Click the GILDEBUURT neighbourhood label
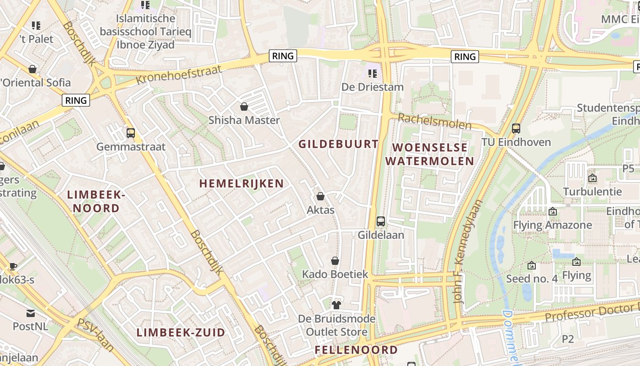tap(338, 144)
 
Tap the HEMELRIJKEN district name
tap(241, 183)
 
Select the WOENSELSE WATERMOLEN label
tap(429, 154)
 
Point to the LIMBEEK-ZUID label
tap(181, 333)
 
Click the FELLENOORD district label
tap(356, 350)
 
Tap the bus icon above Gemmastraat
tap(131, 133)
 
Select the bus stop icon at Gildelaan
tap(380, 221)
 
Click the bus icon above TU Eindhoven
tap(516, 129)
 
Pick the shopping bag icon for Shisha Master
tap(244, 107)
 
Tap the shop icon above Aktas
tap(320, 196)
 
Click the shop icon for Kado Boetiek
tap(335, 261)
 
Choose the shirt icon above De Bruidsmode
tap(336, 305)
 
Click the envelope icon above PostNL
tap(31, 313)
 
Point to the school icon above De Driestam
tap(373, 73)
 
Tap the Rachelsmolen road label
tap(434, 121)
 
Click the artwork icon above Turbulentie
tap(592, 178)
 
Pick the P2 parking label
tap(567, 339)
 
